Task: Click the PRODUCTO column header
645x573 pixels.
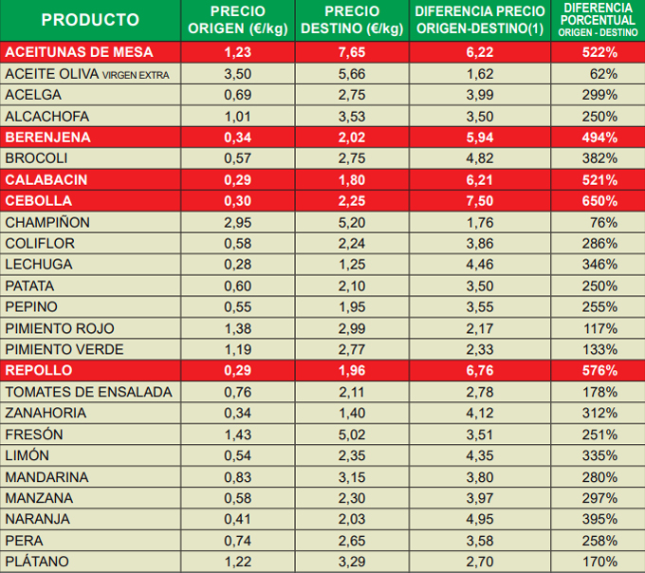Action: tap(90, 20)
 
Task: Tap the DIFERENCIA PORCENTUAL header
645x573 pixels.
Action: tap(598, 20)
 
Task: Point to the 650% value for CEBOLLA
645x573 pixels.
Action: tap(599, 201)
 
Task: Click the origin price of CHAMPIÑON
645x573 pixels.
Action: tap(238, 222)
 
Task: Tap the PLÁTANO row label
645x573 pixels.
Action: tap(37, 562)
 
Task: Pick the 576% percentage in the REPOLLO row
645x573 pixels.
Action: tap(599, 370)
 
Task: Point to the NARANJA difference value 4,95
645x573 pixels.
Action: tap(481, 519)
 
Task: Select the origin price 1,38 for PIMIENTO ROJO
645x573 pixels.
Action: tap(238, 328)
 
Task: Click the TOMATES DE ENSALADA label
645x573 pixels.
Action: tap(89, 392)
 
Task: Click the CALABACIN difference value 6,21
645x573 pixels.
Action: tap(481, 179)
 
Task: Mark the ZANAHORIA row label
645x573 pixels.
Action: tap(46, 413)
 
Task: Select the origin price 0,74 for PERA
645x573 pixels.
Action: tap(238, 540)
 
